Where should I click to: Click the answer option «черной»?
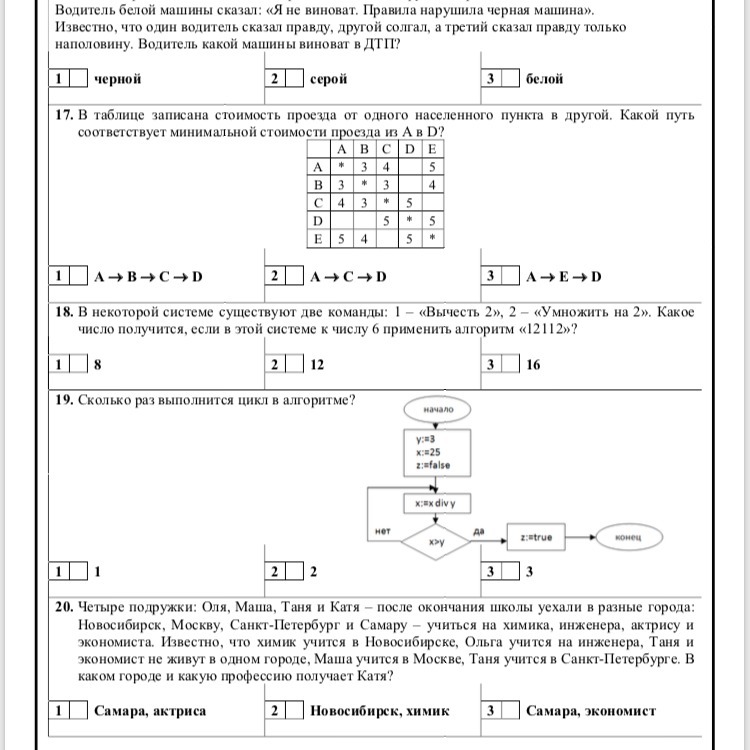click(117, 79)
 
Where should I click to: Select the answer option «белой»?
click(544, 79)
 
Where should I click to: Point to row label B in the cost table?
click(318, 185)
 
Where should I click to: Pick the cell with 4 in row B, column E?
click(432, 185)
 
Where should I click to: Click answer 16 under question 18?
click(533, 365)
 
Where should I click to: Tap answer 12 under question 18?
click(319, 365)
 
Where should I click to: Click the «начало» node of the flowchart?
click(438, 409)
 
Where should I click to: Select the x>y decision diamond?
click(437, 542)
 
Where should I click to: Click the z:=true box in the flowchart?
click(536, 538)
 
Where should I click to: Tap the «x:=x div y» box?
click(437, 503)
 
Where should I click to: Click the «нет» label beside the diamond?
click(382, 531)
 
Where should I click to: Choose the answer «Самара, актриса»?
click(149, 711)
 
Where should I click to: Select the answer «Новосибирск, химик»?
click(380, 711)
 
